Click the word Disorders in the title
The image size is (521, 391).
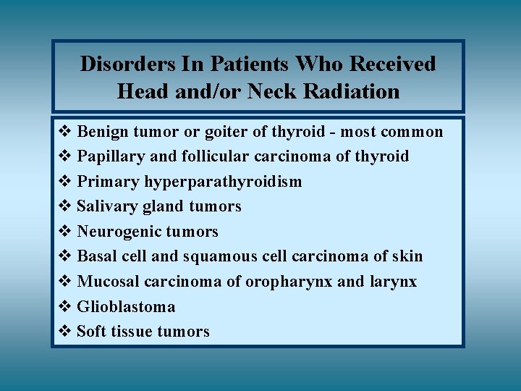(118, 64)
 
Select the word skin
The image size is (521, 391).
(408, 256)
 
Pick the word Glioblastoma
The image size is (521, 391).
(126, 306)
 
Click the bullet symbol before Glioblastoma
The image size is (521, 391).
(64, 306)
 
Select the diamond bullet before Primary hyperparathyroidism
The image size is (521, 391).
(64, 182)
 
